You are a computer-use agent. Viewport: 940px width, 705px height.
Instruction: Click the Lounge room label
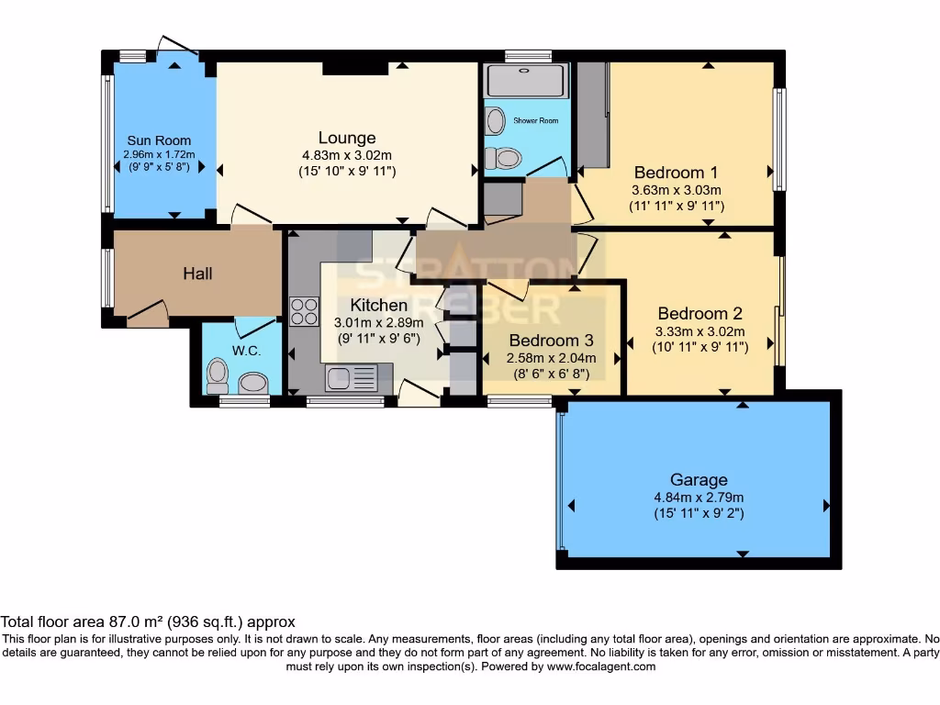(346, 138)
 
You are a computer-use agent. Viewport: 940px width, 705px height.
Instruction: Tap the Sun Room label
(159, 140)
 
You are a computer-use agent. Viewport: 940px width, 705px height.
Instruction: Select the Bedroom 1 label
(676, 173)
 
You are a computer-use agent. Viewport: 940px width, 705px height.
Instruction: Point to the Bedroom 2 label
(699, 314)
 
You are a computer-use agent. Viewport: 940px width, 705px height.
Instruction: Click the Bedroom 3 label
(551, 341)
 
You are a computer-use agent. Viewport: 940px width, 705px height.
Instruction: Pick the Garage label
(699, 479)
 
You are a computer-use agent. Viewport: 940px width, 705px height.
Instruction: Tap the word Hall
(198, 274)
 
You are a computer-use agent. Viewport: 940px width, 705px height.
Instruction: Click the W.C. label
(246, 351)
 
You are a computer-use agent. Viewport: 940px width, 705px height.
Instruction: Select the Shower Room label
(535, 120)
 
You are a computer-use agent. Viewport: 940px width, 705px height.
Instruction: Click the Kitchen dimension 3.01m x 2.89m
(378, 322)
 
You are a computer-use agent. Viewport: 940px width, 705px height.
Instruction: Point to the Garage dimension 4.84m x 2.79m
(699, 498)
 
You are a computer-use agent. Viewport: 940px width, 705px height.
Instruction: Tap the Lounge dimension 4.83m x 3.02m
(346, 155)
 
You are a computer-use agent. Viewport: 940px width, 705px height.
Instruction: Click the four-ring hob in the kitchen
(304, 311)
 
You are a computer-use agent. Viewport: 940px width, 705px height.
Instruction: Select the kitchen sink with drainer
(352, 378)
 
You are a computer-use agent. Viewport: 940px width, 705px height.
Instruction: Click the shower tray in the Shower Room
(525, 81)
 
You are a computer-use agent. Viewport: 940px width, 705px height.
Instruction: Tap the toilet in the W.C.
(217, 375)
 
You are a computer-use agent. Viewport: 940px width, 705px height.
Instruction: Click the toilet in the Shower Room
(503, 158)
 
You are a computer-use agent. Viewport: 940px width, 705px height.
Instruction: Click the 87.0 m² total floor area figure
(136, 621)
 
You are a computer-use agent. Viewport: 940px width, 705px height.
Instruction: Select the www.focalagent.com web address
(601, 666)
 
